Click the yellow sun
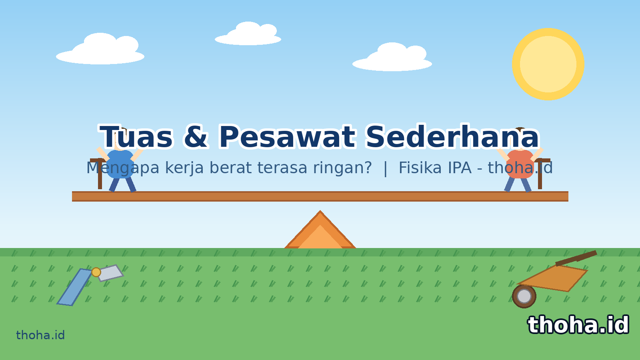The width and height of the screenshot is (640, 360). pyautogui.click(x=548, y=64)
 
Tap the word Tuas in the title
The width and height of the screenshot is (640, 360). pyautogui.click(x=136, y=137)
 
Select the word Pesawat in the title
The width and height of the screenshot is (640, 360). pyautogui.click(x=287, y=137)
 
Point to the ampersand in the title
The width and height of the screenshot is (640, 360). pyautogui.click(x=196, y=137)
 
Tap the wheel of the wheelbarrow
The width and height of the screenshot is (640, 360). pyautogui.click(x=524, y=296)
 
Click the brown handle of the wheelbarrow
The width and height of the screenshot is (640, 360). pyautogui.click(x=576, y=258)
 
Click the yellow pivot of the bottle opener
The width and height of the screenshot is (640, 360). pyautogui.click(x=96, y=272)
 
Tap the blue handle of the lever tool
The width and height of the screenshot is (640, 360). pyautogui.click(x=74, y=287)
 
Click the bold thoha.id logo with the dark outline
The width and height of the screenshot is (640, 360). pyautogui.click(x=578, y=325)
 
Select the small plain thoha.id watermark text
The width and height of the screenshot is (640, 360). pyautogui.click(x=40, y=335)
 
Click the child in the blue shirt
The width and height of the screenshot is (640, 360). pyautogui.click(x=120, y=164)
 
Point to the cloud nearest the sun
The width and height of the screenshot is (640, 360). pyautogui.click(x=392, y=57)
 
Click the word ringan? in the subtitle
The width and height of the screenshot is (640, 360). pyautogui.click(x=342, y=168)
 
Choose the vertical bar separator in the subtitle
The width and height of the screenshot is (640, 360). pyautogui.click(x=386, y=168)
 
